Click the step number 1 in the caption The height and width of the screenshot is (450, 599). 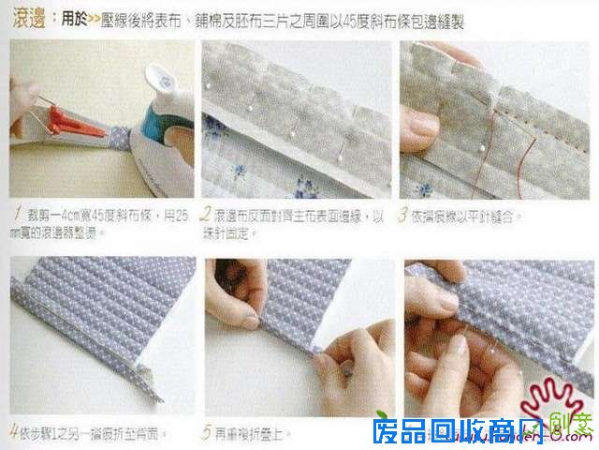(19, 214)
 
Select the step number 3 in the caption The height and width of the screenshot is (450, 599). (404, 215)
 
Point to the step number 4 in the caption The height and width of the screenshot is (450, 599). (13, 433)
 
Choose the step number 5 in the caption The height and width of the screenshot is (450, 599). (205, 433)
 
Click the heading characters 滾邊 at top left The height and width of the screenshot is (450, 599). (26, 18)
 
